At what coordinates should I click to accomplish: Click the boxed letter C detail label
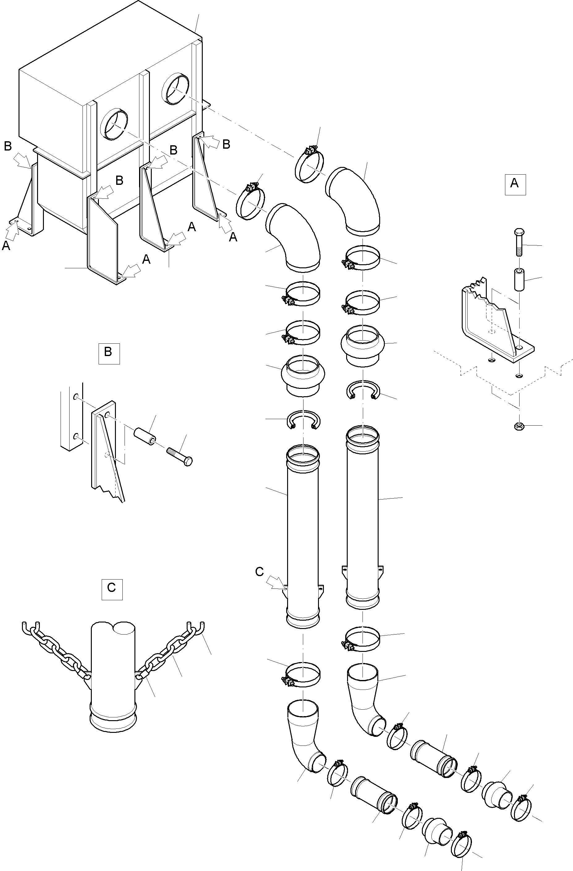(x=112, y=589)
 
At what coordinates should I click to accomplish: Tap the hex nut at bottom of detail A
(x=519, y=426)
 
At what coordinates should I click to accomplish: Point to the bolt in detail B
(x=180, y=456)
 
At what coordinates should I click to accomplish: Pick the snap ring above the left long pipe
(x=303, y=419)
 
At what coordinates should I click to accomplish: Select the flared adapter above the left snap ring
(x=303, y=375)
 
